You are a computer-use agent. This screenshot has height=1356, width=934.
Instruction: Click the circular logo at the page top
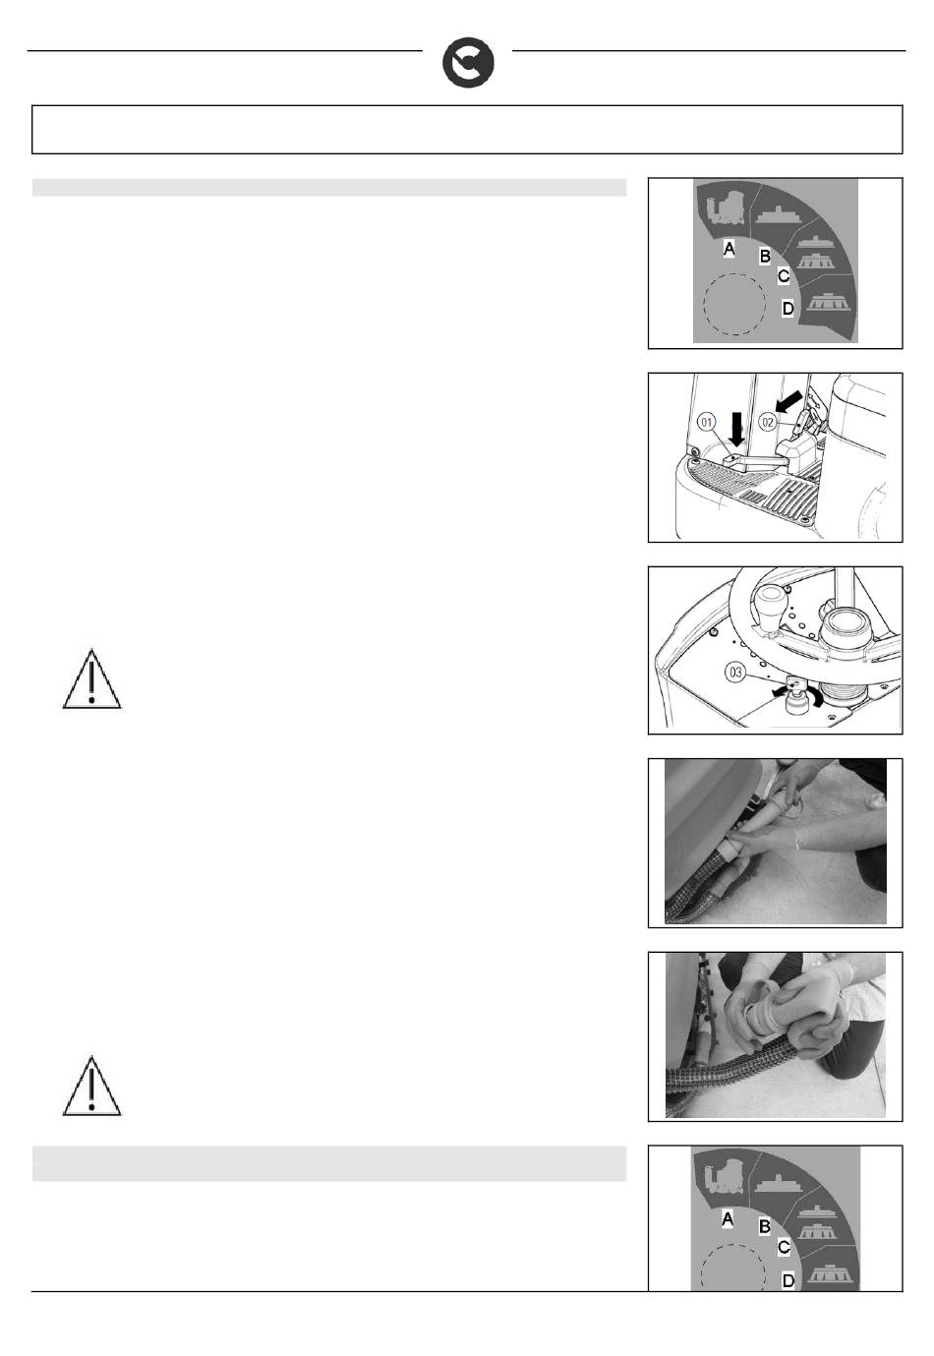point(468,63)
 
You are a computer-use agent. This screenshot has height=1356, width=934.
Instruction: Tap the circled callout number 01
point(707,422)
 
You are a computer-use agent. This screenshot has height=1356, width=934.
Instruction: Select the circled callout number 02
point(768,422)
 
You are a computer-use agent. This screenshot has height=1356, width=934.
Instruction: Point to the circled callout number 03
point(734,672)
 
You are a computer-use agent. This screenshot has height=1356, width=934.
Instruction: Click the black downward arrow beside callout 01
point(737,427)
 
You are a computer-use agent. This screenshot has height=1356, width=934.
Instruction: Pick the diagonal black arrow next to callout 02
point(790,401)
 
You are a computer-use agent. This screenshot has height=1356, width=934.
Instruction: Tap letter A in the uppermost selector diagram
point(729,248)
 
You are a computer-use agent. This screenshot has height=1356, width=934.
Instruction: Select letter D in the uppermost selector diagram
point(788,308)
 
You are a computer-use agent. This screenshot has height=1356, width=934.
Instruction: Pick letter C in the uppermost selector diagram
point(784,276)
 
